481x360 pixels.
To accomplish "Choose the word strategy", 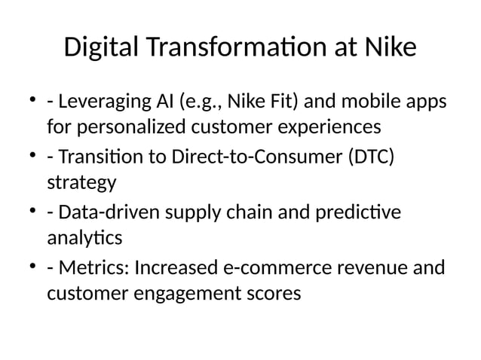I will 81,182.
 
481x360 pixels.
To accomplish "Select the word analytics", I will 84,240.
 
